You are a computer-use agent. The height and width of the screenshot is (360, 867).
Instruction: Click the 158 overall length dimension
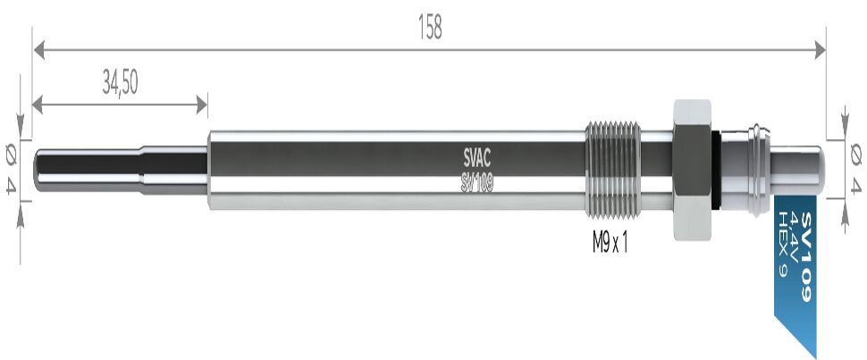click(x=430, y=27)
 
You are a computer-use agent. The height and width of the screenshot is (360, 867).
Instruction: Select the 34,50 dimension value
click(x=120, y=83)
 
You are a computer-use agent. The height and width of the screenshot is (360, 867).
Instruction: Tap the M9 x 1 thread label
click(x=610, y=242)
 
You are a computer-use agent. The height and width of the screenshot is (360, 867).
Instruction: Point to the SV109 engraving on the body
click(x=476, y=184)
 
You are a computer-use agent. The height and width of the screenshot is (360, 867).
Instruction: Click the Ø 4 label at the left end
click(x=11, y=168)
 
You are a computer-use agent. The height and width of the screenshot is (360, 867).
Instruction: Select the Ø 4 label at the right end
click(x=855, y=168)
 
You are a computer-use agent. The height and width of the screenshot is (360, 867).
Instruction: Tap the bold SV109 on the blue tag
click(x=805, y=256)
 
